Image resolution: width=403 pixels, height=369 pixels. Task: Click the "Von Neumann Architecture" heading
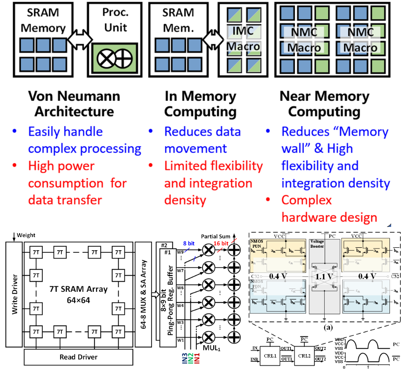point(74,104)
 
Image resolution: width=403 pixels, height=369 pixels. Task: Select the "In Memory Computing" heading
point(200,104)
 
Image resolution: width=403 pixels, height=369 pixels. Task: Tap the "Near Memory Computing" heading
point(324,104)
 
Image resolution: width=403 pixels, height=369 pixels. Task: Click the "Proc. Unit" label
point(115,20)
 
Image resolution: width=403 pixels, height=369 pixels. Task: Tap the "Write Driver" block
point(15,294)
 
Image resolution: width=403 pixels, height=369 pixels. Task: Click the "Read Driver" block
point(78,357)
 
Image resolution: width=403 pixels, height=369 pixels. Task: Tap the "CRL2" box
point(304,356)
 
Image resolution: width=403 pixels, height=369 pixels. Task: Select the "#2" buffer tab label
point(164,246)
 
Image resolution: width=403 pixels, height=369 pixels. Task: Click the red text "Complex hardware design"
point(329,209)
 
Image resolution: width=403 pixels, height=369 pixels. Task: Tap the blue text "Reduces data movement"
point(202,140)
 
